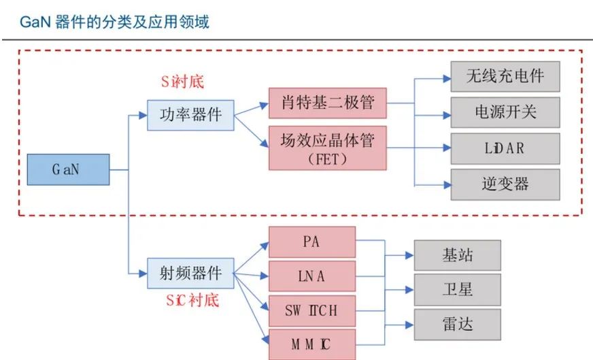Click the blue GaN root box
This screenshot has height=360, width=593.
click(69, 169)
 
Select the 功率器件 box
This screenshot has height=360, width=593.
click(190, 115)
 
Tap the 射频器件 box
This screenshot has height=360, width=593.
click(190, 274)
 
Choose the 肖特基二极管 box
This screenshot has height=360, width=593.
click(328, 103)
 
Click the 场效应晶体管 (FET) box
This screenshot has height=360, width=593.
click(328, 148)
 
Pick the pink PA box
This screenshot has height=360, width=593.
click(312, 242)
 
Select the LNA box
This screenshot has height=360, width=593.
click(312, 276)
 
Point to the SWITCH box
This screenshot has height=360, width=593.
click(312, 311)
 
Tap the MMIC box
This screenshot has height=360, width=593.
click(312, 344)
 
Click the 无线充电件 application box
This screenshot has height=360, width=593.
click(505, 76)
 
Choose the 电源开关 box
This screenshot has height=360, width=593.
click(505, 112)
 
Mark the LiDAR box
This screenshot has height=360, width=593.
click(505, 148)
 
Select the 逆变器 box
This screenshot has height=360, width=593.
click(505, 184)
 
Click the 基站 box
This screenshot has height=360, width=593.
click(458, 255)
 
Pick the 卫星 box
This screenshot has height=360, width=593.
click(458, 290)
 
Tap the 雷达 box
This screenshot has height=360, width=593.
click(458, 325)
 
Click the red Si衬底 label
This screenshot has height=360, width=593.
click(182, 82)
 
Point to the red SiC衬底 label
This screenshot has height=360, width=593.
click(192, 300)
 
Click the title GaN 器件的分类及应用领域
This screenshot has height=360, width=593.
click(114, 22)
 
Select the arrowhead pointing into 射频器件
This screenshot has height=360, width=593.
click(143, 274)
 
